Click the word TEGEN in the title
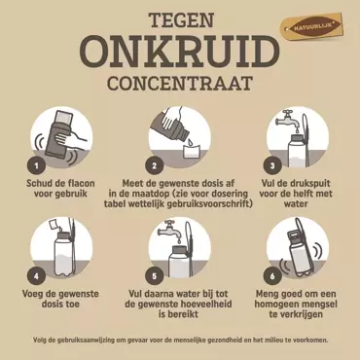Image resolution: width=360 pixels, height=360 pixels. pyautogui.click(x=179, y=19)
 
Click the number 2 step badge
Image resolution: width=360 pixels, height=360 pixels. pyautogui.click(x=154, y=165)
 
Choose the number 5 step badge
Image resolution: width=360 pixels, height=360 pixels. pyautogui.click(x=154, y=274)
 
